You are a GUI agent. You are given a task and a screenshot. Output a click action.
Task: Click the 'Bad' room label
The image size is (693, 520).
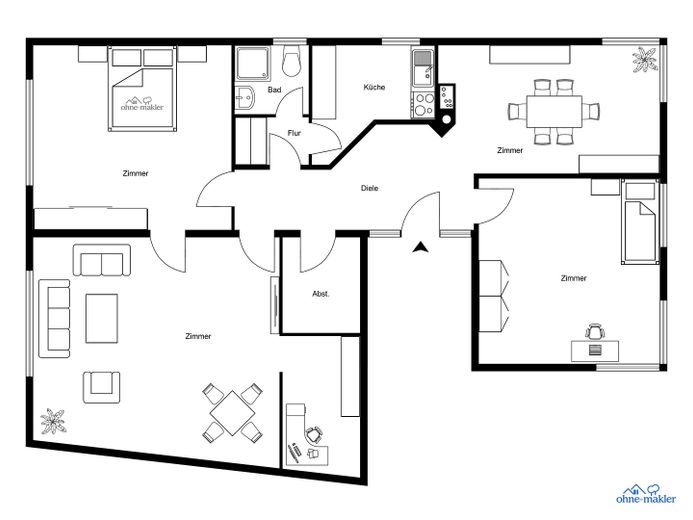tap(274, 90)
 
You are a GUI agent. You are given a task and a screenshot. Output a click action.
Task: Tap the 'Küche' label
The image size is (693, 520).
tap(374, 87)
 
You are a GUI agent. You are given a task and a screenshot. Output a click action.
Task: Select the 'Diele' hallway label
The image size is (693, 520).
tap(369, 188)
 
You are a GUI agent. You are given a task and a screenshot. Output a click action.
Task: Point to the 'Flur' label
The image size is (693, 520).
tap(294, 133)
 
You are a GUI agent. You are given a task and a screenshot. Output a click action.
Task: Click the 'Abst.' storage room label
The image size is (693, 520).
tap(321, 294)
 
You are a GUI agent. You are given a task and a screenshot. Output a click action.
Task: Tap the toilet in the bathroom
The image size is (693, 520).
tap(291, 61)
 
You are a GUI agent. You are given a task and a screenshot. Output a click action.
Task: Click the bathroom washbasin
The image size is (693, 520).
tap(244, 97)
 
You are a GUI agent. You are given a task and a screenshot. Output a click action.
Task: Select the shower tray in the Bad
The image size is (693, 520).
tap(252, 64)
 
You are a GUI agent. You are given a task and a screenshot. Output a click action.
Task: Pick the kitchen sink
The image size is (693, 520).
tap(423, 68)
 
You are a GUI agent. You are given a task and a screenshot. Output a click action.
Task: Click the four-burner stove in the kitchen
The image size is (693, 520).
tap(423, 104)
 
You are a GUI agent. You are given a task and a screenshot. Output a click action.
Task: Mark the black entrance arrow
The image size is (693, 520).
tap(421, 247)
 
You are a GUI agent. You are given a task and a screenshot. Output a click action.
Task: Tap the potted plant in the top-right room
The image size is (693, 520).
tap(645, 60)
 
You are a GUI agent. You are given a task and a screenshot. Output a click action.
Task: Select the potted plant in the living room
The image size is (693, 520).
tap(53, 421)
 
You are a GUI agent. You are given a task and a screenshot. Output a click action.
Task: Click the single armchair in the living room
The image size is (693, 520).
tap(102, 387)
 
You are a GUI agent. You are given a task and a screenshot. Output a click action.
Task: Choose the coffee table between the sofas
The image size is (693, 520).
tap(102, 319)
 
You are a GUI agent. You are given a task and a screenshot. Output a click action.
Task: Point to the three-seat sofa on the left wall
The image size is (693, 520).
tap(54, 318)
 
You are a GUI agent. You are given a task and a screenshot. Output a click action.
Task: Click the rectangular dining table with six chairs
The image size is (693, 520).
tap(554, 111)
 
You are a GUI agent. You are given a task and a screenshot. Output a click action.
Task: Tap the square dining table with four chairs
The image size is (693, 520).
tap(232, 413)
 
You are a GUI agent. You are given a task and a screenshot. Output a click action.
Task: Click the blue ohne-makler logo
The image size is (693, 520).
tap(646, 493)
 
